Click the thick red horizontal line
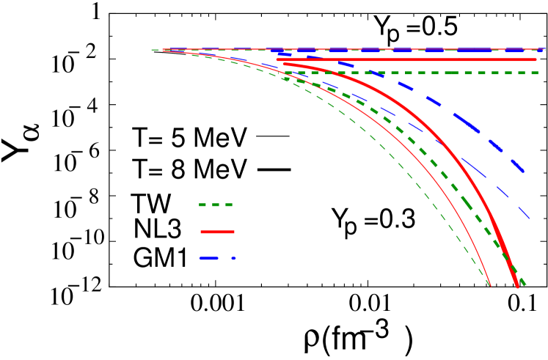tap(403, 59)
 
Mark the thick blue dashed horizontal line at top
tap(411, 51)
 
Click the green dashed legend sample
tap(216, 205)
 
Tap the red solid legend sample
tap(217, 232)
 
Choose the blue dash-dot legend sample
tap(217, 258)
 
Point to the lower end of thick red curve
tap(517, 286)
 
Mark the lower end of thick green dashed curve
tap(525, 284)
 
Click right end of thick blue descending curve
tap(524, 172)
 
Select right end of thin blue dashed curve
tap(529, 218)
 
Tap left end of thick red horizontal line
tap(278, 59)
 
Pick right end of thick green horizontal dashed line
tap(538, 73)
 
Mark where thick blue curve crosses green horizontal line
tap(370, 73)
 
